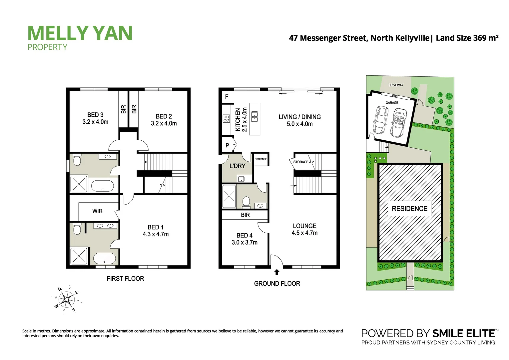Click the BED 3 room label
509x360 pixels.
coord(95,115)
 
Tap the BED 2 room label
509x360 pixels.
coord(164,116)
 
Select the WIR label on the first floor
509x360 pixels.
coord(97,211)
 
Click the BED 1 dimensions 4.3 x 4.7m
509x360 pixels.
coord(156,234)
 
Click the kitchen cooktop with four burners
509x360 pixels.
coord(226,118)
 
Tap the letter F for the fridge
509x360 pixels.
coord(227,97)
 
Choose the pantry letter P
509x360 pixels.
coord(227,145)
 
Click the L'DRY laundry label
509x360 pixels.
coord(237,166)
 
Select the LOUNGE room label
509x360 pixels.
coord(304,226)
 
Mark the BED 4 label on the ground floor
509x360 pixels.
coord(245,235)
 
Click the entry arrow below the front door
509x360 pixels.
coord(276,272)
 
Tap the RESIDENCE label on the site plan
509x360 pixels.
coord(409,209)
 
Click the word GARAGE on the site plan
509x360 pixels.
coord(392,103)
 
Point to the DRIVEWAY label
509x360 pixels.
coord(396,85)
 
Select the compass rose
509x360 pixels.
coord(67,299)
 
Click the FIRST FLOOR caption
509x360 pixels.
coord(125,278)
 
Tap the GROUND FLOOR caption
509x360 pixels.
coord(277,283)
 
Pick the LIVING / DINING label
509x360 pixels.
coord(299,117)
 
